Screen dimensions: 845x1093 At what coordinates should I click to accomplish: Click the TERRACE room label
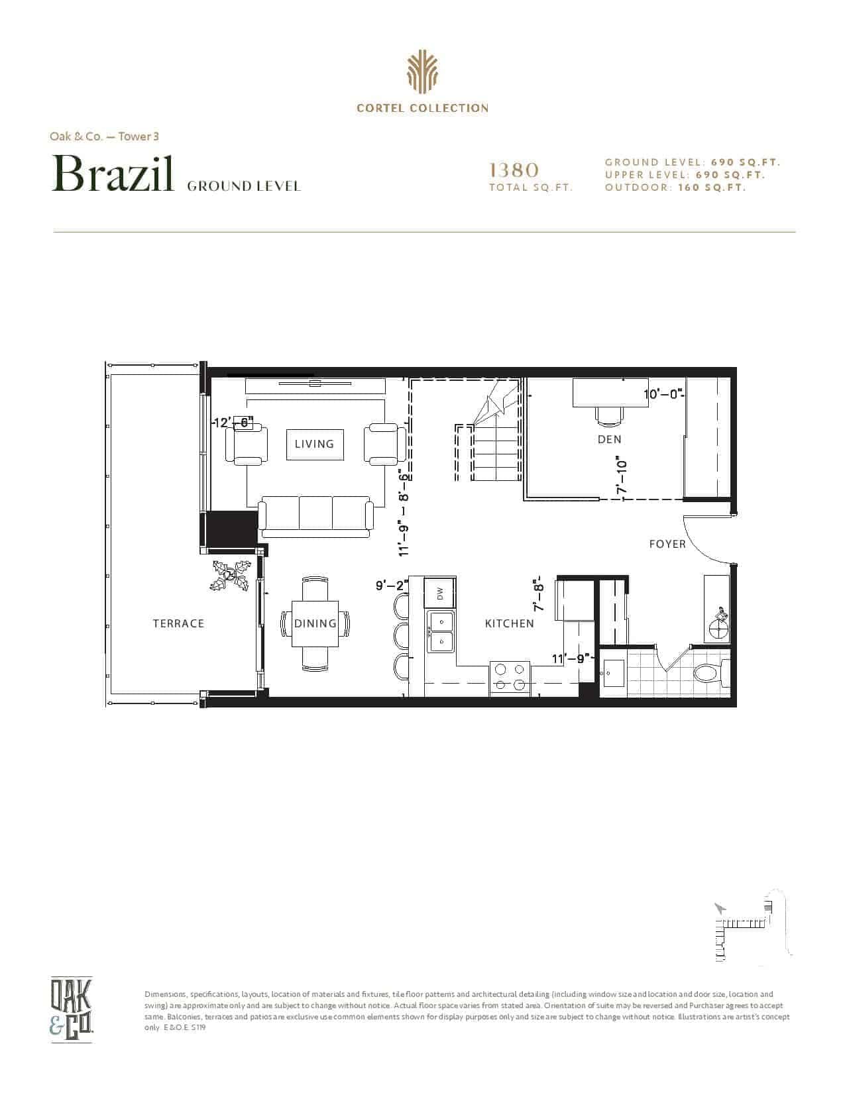pyautogui.click(x=179, y=624)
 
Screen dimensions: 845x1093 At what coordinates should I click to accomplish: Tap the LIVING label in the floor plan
pyautogui.click(x=315, y=444)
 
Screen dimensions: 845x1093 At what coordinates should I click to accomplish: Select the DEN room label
pyautogui.click(x=610, y=440)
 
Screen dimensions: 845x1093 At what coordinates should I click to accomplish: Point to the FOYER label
pyautogui.click(x=667, y=545)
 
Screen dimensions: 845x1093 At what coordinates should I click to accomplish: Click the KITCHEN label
pyautogui.click(x=509, y=624)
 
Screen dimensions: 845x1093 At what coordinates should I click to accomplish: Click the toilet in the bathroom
pyautogui.click(x=710, y=673)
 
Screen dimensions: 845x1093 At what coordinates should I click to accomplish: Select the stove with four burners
pyautogui.click(x=510, y=678)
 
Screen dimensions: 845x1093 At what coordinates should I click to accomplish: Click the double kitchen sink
pyautogui.click(x=441, y=631)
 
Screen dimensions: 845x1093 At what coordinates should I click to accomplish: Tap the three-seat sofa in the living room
pyautogui.click(x=316, y=517)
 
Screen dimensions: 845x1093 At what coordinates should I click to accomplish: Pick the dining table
pyautogui.click(x=315, y=624)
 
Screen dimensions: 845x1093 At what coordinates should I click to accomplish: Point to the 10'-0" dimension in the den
pyautogui.click(x=663, y=394)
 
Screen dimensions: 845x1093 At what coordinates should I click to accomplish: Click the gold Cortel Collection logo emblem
pyautogui.click(x=422, y=72)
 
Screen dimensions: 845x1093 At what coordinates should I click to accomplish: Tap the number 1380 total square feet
pyautogui.click(x=514, y=170)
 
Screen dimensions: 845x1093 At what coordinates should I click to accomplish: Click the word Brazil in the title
pyautogui.click(x=113, y=174)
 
